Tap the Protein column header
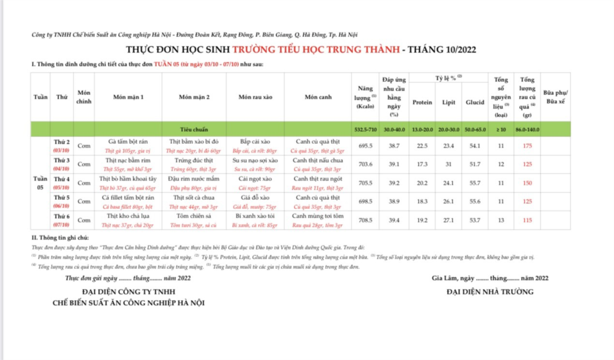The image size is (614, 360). pyautogui.click(x=422, y=103)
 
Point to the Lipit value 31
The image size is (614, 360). pyautogui.click(x=448, y=164)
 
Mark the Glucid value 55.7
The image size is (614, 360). pyautogui.click(x=475, y=183)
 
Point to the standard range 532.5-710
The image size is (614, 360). pyautogui.click(x=362, y=129)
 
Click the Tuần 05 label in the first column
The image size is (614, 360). pyautogui.click(x=41, y=182)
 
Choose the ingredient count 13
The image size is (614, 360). pyautogui.click(x=501, y=220)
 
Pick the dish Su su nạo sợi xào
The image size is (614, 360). pyautogui.click(x=255, y=160)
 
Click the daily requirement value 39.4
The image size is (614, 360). pyautogui.click(x=393, y=220)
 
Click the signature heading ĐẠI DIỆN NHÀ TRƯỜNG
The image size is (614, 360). pyautogui.click(x=489, y=291)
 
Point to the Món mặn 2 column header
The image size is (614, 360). pyautogui.click(x=194, y=97)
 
